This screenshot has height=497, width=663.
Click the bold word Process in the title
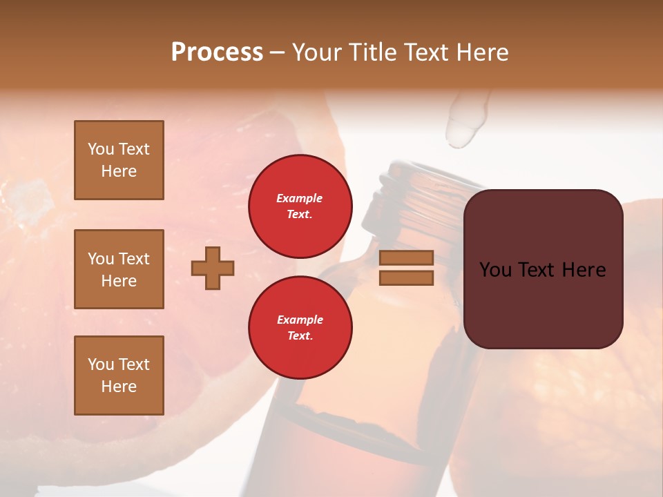pos(217,52)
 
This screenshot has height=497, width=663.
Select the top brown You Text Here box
pos(119,160)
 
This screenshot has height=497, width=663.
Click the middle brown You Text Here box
pos(119,269)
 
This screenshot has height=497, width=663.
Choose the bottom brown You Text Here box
pos(119,375)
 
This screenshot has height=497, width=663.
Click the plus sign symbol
pos(213,268)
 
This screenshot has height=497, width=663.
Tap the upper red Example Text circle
pos(300,206)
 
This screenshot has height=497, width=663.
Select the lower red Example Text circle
pos(300,327)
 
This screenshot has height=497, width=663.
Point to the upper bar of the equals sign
pos(406,258)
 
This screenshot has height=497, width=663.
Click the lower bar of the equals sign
pos(406,278)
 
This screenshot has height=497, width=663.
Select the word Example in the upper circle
pos(300,198)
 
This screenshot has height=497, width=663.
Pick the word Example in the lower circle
pos(300,320)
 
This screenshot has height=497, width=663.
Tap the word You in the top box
pos(101,149)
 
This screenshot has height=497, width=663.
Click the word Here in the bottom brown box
pos(119,387)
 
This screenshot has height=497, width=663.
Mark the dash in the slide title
pos(278,53)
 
